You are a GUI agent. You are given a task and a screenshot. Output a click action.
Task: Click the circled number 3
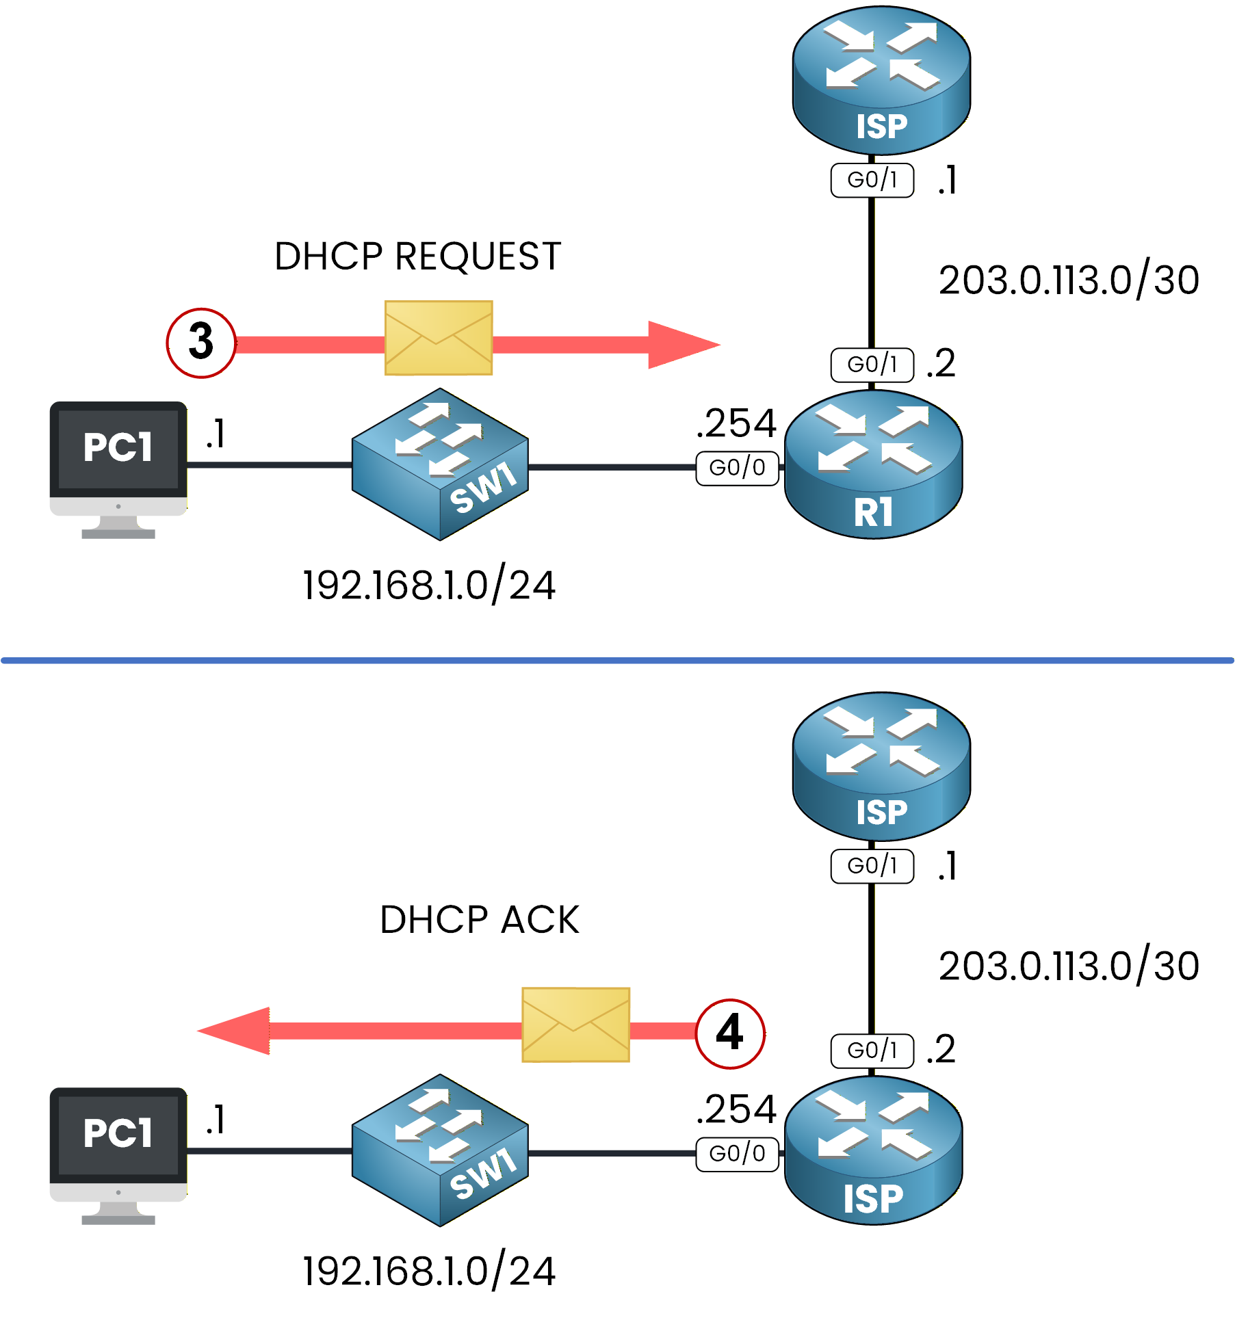[x=201, y=343]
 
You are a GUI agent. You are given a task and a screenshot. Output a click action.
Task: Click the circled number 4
[x=730, y=1033]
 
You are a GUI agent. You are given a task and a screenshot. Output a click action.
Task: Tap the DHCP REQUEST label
[x=417, y=257]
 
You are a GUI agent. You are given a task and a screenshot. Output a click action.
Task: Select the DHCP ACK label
[x=479, y=920]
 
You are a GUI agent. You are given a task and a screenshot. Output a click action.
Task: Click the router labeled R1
[x=873, y=465]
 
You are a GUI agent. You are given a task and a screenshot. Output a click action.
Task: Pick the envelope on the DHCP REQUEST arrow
[x=439, y=338]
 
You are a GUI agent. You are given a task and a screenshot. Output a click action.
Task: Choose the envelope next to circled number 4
[x=575, y=1025]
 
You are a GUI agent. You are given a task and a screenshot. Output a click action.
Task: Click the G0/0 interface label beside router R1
[x=737, y=468]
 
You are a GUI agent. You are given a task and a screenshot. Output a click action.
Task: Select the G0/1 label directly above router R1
[x=872, y=365]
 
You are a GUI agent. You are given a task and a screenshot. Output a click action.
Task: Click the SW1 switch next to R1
[x=440, y=464]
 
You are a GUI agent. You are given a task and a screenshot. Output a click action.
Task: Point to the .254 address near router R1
[x=736, y=423]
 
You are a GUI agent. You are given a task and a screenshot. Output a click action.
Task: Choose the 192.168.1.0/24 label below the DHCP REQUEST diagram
[x=429, y=586]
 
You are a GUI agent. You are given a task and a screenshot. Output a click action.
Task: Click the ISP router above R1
[x=881, y=80]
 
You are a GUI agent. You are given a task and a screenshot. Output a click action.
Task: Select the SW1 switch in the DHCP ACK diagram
[x=440, y=1150]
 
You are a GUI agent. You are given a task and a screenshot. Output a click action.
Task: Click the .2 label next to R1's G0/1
[x=941, y=364]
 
